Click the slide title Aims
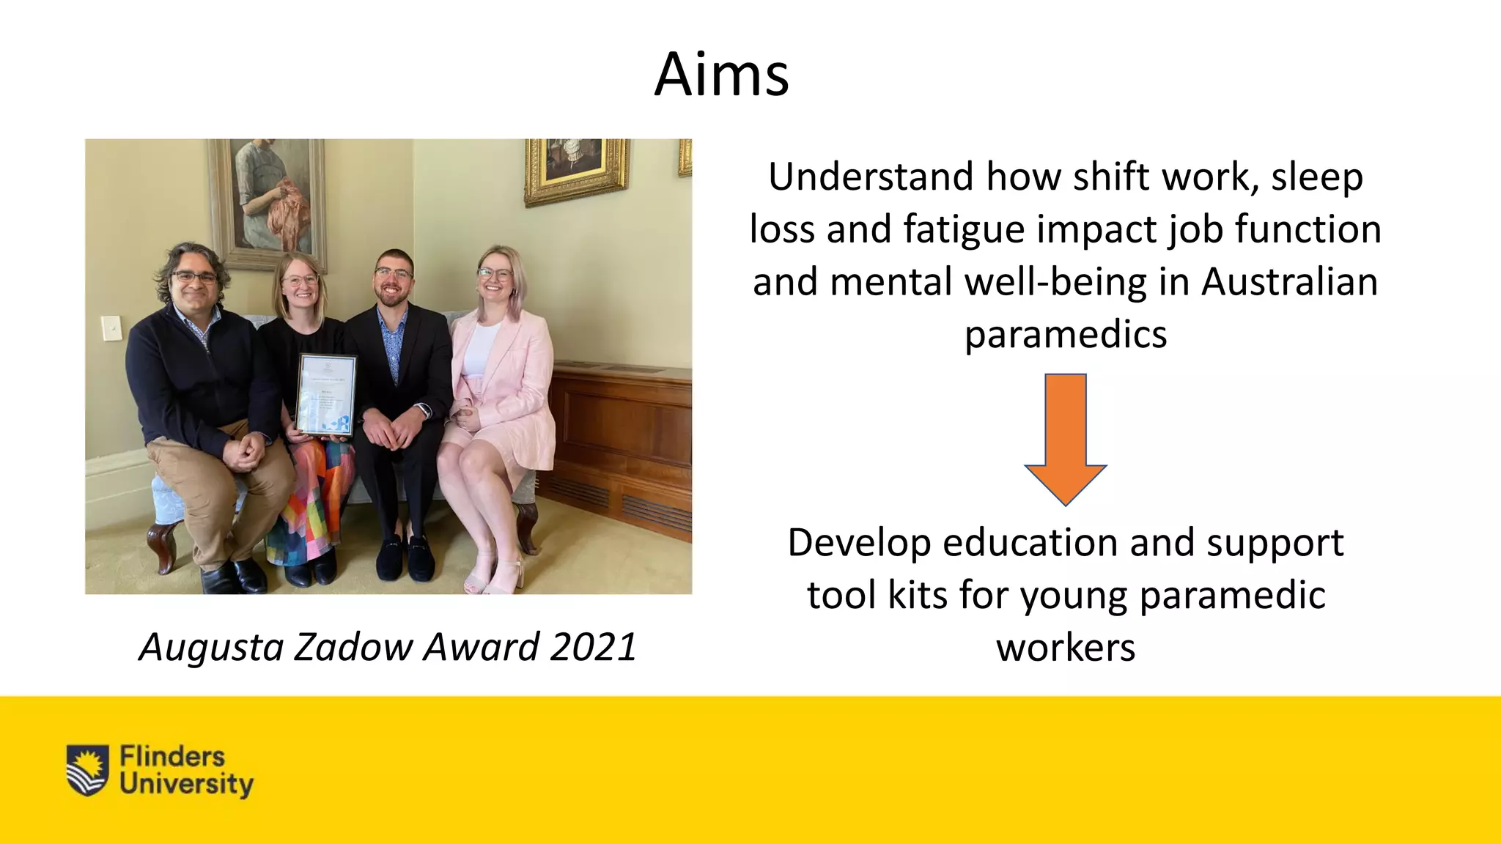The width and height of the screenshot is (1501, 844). click(721, 75)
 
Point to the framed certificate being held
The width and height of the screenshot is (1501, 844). click(326, 396)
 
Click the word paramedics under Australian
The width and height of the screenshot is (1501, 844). click(1065, 336)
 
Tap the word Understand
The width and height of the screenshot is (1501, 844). click(871, 177)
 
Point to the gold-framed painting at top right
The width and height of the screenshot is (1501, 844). click(575, 170)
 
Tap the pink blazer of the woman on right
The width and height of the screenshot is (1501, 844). click(513, 381)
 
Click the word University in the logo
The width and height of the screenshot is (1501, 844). click(186, 784)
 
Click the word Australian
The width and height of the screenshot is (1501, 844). click(1289, 283)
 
